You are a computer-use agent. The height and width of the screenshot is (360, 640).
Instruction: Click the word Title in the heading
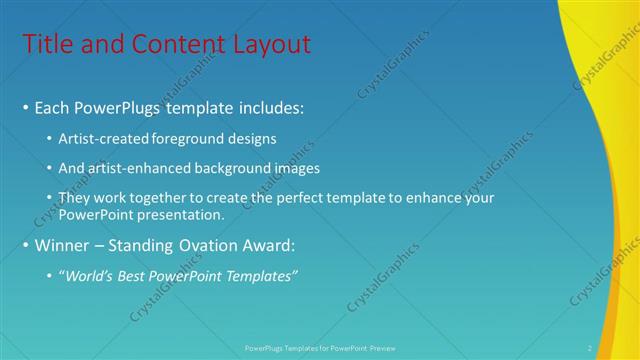pyautogui.click(x=46, y=44)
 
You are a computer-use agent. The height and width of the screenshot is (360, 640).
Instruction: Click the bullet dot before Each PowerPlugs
pyautogui.click(x=26, y=107)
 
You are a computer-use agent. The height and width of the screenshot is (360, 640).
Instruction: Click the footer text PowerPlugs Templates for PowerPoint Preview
pyautogui.click(x=320, y=348)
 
